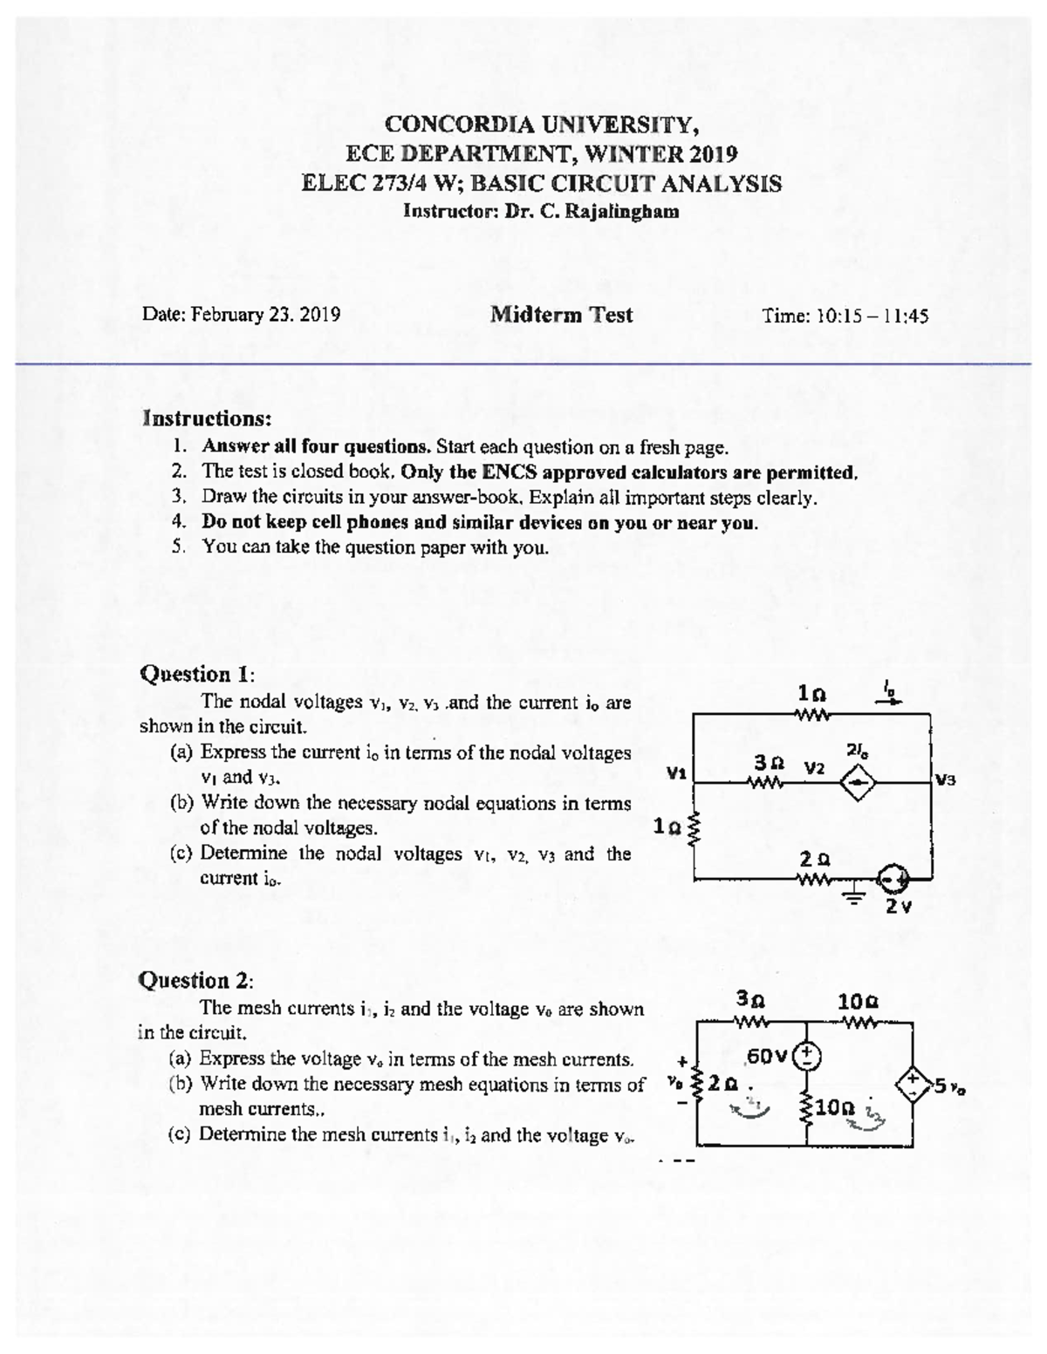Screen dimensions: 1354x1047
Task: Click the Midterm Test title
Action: [561, 315]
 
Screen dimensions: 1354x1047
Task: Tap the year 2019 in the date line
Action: [319, 315]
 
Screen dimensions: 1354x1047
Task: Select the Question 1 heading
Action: [197, 674]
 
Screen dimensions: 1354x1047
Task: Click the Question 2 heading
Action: [197, 980]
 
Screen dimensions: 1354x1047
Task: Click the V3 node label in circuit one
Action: [946, 779]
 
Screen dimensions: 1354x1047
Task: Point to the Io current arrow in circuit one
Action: [893, 698]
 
